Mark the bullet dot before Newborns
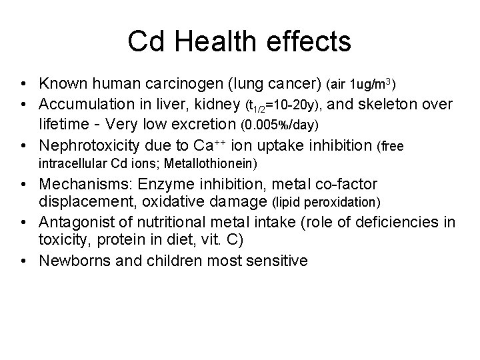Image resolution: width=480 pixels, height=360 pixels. [23, 261]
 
